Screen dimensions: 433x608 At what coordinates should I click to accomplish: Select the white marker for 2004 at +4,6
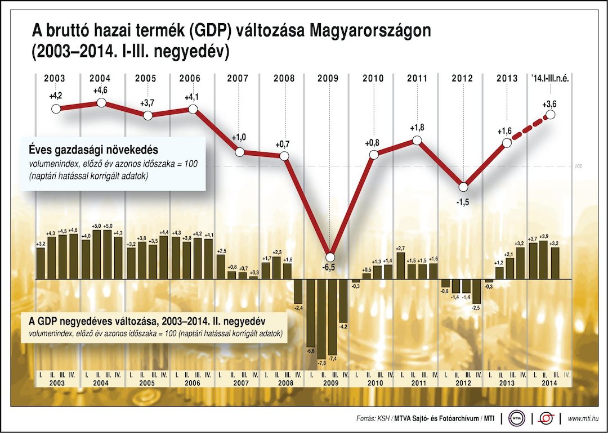[x=101, y=102]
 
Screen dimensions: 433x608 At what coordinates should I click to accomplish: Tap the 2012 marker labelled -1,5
[x=463, y=187]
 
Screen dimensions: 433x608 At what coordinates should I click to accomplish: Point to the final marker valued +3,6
[x=551, y=115]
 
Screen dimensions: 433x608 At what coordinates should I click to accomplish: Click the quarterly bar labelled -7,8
[x=321, y=318]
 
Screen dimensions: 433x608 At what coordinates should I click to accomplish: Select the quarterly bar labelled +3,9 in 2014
[x=544, y=260]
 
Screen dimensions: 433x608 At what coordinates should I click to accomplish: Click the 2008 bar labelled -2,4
[x=299, y=291]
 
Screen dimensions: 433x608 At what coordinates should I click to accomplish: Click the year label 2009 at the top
[x=328, y=78]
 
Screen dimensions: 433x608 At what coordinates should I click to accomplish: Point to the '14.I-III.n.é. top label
[x=549, y=78]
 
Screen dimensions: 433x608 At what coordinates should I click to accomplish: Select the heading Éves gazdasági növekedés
[x=93, y=150]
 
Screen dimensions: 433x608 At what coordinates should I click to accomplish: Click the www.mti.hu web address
[x=583, y=418]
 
